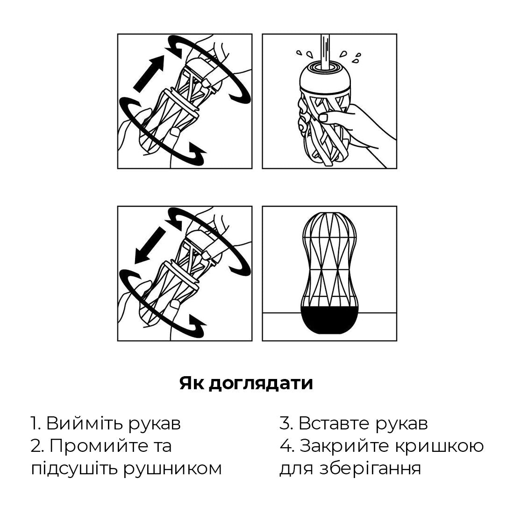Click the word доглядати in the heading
pyautogui.click(x=260, y=384)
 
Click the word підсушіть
pyautogui.click(x=72, y=468)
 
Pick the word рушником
pyautogui.click(x=172, y=468)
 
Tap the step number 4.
pyautogui.click(x=286, y=446)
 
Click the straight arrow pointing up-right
pyautogui.click(x=149, y=73)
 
